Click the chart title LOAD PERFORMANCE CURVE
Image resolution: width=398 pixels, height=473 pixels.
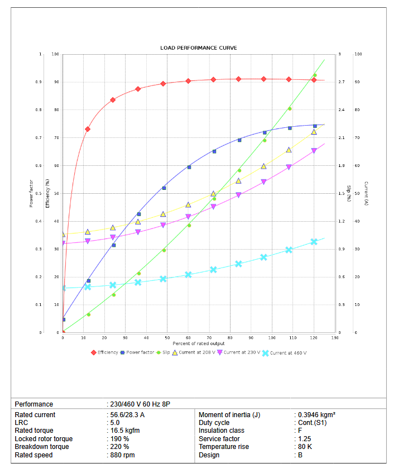coord(198,48)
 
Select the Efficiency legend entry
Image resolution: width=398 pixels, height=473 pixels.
coord(105,353)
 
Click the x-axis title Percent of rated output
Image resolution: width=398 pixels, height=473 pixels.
coord(198,343)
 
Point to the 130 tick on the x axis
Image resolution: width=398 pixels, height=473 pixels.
coord(335,338)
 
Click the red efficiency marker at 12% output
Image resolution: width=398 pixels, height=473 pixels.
coord(88,129)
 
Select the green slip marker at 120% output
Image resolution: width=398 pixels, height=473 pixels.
coord(314,75)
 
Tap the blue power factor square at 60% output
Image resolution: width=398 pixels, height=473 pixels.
coord(189,167)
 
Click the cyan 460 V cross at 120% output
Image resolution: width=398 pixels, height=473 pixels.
coord(314,242)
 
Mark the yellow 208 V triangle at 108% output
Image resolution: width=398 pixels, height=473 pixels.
coord(289,150)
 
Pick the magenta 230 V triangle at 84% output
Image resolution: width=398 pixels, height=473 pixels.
coord(238,195)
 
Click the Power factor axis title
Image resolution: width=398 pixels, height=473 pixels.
coord(31,193)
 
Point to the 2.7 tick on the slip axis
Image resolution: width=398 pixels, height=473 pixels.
coord(341,82)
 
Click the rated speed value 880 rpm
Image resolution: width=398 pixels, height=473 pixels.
coord(122,455)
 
